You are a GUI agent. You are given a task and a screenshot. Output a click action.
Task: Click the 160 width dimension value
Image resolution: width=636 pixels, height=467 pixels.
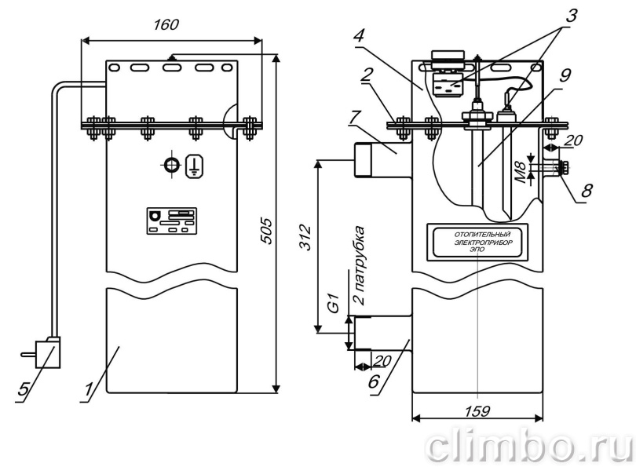[166, 24]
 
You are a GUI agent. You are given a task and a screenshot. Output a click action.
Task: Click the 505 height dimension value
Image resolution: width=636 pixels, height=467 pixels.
[266, 231]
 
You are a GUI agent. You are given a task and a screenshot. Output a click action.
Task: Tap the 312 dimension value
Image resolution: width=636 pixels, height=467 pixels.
[305, 236]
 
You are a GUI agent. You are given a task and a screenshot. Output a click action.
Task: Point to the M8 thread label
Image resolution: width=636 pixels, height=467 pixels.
[523, 172]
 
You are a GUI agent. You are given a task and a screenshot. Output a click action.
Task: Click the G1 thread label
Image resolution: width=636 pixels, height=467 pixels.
[334, 304]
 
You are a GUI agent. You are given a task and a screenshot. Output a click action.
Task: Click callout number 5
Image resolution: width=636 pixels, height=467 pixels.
[23, 389]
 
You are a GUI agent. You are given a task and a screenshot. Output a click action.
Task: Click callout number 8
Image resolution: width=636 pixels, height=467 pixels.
[587, 190]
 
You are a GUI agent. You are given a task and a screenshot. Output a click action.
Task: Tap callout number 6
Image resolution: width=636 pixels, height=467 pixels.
[374, 381]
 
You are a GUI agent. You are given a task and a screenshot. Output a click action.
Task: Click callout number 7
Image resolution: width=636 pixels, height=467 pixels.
[354, 118]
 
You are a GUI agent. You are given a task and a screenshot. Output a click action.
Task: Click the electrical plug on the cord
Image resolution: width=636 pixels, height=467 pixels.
[46, 352]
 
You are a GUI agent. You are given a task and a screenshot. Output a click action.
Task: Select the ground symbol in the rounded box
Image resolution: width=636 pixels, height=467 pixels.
[195, 166]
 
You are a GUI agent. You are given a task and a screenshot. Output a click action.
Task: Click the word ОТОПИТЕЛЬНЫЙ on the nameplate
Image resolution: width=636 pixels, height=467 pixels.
[482, 235]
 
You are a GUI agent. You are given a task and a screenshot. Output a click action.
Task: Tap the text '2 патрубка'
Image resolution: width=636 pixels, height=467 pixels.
[359, 266]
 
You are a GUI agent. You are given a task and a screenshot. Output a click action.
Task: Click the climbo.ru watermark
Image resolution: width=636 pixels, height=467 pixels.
[529, 446]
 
